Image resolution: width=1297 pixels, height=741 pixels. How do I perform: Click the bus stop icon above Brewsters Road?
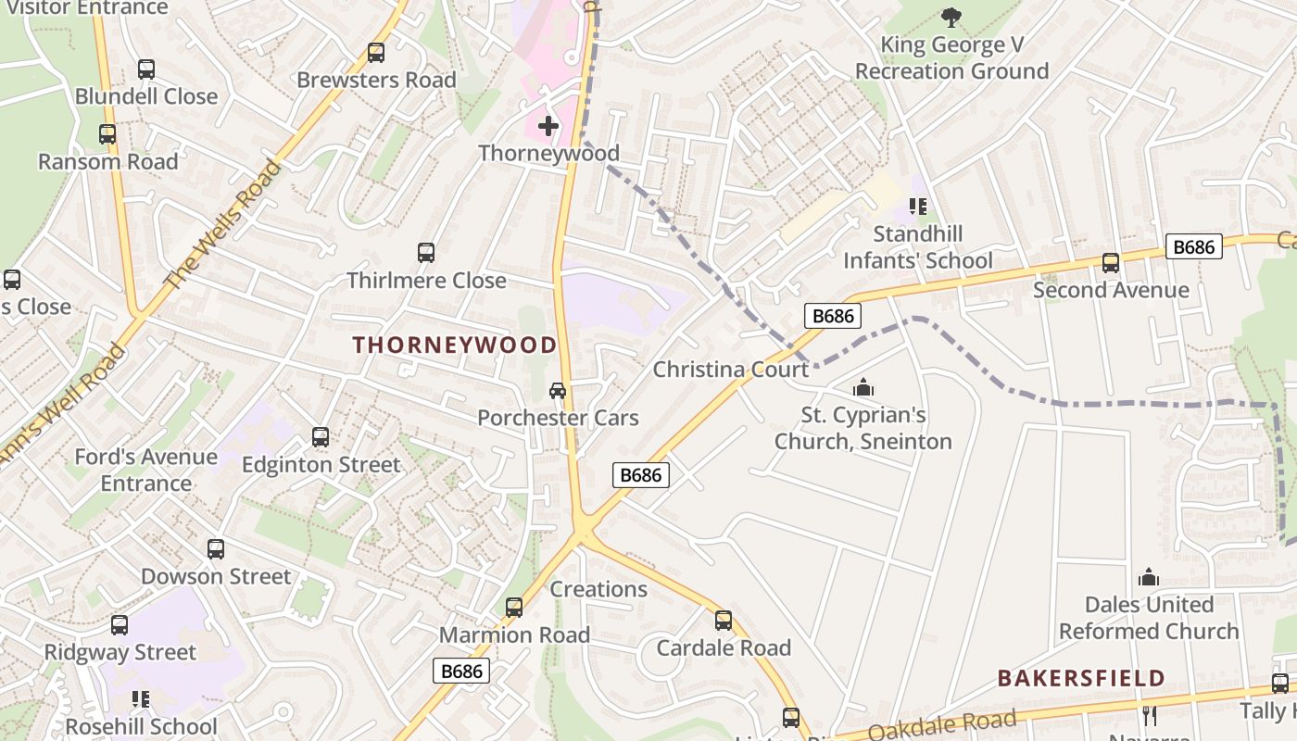pos(375,53)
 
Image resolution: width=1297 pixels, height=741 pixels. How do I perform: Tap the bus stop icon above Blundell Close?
pos(146,69)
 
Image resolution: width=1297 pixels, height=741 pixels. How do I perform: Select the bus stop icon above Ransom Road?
pos(107,134)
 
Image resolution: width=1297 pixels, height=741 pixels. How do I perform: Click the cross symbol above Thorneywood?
pos(548,125)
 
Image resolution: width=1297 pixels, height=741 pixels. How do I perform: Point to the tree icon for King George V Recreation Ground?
pos(951,17)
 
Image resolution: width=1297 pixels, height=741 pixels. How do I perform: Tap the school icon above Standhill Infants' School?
pos(918,206)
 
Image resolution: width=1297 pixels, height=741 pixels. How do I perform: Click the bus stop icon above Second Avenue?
pos(1110,263)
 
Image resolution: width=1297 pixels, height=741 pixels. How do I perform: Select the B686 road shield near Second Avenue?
pos(1194,246)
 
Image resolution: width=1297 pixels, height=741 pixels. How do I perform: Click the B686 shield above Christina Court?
pos(833,316)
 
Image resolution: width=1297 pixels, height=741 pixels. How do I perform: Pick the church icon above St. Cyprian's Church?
pos(863,387)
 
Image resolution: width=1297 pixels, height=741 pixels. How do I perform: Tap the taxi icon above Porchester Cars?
pos(558,391)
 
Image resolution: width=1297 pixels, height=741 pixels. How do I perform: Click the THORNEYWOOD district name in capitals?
pos(455,345)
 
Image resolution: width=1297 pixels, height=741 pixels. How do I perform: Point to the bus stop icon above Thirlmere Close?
pos(426,253)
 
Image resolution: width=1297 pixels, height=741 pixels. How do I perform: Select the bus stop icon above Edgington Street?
pos(321,437)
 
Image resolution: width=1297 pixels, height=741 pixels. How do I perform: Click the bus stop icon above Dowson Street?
pos(216,549)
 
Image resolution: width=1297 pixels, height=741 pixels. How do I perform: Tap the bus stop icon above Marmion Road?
pos(513,608)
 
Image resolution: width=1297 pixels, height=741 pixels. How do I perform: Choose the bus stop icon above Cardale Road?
pos(724,621)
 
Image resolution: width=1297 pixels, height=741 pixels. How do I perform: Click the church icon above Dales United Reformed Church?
pos(1149,578)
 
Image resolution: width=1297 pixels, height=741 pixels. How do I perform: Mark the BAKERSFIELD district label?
pos(1081,678)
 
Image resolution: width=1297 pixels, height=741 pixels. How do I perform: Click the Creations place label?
pos(598,589)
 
